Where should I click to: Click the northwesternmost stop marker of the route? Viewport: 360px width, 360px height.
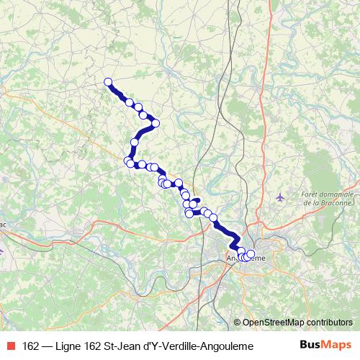coord(108,82)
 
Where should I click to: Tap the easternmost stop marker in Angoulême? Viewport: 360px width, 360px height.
coord(251,253)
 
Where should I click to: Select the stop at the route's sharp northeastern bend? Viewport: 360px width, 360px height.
coord(155,122)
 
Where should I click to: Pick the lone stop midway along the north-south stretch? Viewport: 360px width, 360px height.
coord(135,142)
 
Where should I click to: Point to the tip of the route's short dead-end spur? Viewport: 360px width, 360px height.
coord(197,198)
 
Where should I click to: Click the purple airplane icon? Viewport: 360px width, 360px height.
coord(281,197)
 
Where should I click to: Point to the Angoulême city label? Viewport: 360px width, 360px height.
coord(246,257)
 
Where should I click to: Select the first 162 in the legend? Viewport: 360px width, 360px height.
coord(31,346)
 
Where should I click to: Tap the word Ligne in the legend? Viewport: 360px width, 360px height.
coord(68,346)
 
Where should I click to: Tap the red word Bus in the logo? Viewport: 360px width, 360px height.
coord(311,345)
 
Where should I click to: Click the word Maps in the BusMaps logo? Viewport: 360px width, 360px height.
coord(338,345)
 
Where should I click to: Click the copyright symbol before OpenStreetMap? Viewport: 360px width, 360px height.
coord(238,323)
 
